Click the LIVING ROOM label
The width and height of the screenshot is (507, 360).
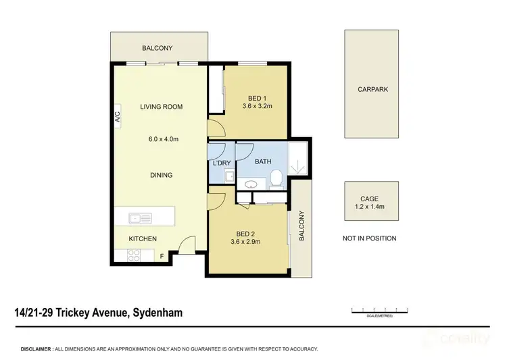click(x=161, y=107)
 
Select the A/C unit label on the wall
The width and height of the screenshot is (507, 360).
click(x=117, y=118)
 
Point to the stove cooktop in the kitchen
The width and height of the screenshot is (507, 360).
click(x=132, y=255)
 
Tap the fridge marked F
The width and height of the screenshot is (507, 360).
click(x=161, y=256)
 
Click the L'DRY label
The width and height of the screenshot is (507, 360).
click(x=221, y=163)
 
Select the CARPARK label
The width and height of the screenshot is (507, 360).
click(x=373, y=88)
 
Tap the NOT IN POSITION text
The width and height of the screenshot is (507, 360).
click(x=369, y=238)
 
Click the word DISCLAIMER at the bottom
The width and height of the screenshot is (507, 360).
click(x=37, y=349)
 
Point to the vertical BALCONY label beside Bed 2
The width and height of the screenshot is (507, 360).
click(x=301, y=226)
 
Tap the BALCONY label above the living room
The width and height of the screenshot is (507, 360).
click(x=158, y=48)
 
